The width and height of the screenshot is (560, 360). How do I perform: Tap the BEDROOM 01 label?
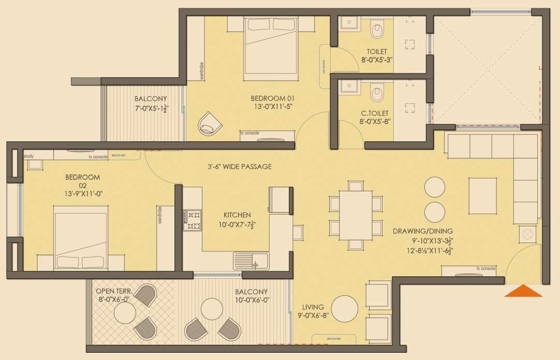coord(272,98)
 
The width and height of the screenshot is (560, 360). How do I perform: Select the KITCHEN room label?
coord(237,215)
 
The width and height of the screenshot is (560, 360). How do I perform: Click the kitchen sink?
coord(250,260)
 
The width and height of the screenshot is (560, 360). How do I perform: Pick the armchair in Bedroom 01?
coord(211,122)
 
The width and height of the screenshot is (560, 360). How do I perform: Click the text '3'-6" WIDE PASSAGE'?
coord(237,167)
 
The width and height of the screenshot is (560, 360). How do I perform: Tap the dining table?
coord(356,215)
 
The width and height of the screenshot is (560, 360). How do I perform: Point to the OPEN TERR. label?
coord(114,291)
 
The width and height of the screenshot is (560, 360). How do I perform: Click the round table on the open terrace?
coord(125,313)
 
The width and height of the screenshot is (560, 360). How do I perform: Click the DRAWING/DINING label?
coord(422,231)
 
